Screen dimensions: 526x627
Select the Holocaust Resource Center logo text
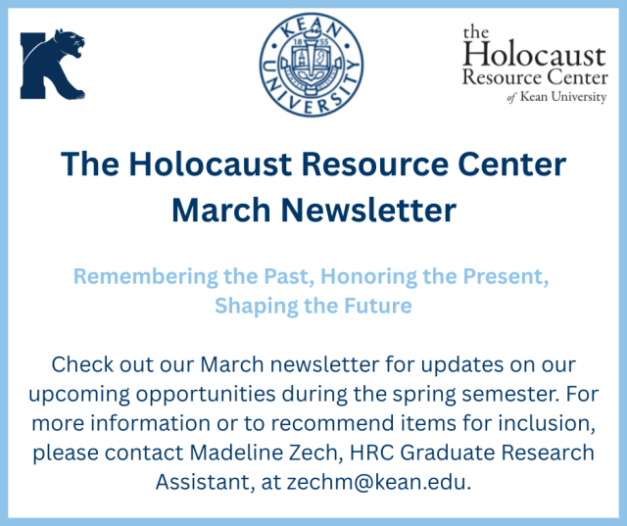[535, 64]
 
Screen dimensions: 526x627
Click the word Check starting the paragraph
[80, 365]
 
